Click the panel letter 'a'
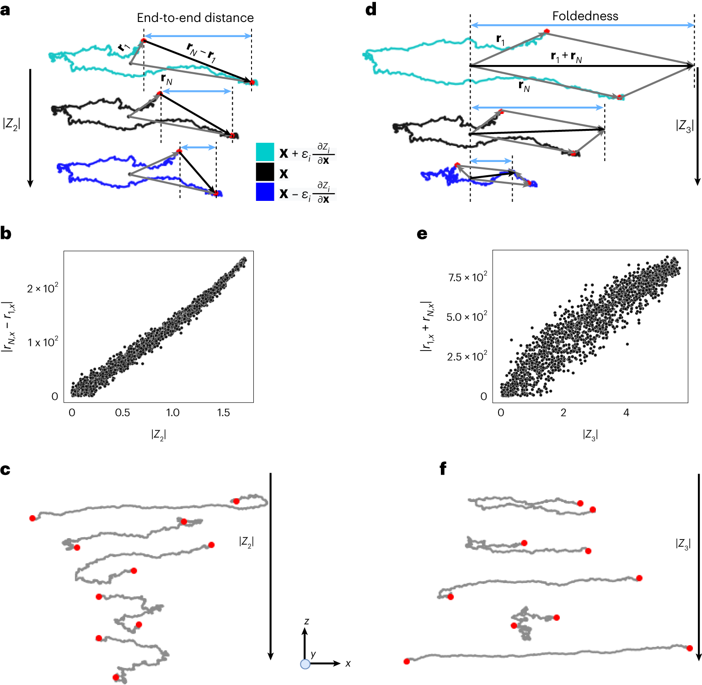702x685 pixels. click(5, 10)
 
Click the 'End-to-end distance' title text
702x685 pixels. click(195, 18)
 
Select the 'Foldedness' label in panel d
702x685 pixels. click(585, 16)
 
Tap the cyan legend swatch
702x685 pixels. click(265, 152)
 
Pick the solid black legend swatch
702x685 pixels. click(265, 173)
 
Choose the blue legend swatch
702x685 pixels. click(265, 192)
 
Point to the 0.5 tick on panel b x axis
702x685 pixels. click(123, 413)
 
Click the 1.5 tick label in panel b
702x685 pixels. click(223, 413)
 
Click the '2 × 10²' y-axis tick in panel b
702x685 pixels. click(43, 288)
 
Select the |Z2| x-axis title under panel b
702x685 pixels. click(158, 434)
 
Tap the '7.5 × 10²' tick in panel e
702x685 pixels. click(467, 277)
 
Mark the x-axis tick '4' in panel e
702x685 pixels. click(626, 413)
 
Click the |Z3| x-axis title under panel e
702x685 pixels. click(590, 434)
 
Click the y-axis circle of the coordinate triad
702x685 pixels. click(305, 664)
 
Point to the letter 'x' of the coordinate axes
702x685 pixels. click(348, 663)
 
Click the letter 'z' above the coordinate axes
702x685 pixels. click(306, 621)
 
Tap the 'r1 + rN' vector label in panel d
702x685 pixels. click(566, 57)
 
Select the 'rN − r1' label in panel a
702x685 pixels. click(202, 52)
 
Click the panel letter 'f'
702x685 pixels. click(442, 469)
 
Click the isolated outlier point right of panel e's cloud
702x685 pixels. click(627, 344)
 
